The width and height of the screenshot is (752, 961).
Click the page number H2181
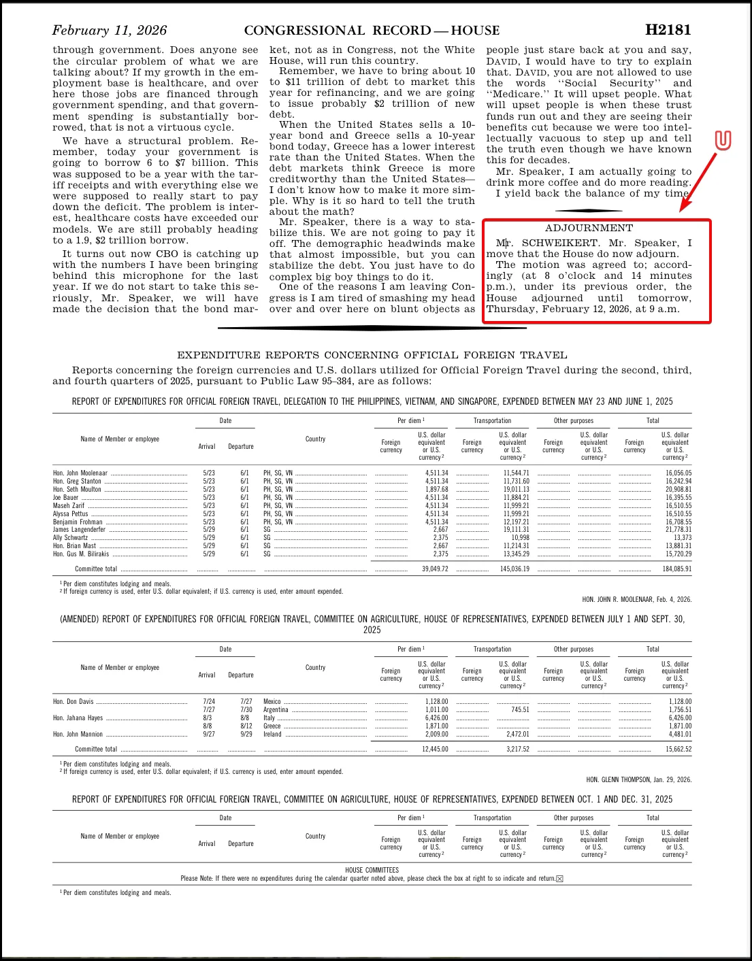[668, 30]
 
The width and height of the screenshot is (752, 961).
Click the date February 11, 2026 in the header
[110, 31]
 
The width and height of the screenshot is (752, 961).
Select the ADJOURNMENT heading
[589, 229]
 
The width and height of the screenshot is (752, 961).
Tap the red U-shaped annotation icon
[723, 141]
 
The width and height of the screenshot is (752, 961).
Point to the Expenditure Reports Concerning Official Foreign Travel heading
[372, 355]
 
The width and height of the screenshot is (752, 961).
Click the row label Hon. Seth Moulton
[77, 489]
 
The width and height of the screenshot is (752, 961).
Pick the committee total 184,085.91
[676, 569]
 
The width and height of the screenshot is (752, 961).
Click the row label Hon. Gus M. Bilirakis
[81, 554]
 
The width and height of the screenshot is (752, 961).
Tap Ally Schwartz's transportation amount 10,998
[520, 537]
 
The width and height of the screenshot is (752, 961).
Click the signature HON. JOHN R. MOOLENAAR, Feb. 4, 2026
[636, 600]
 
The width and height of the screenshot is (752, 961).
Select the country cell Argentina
[276, 709]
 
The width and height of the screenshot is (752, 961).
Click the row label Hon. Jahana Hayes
[78, 718]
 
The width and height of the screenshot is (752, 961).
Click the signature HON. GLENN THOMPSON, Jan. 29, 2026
[638, 780]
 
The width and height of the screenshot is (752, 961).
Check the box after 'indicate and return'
[560, 879]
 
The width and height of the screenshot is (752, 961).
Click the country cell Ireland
[272, 734]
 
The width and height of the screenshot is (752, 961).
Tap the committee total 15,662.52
[678, 749]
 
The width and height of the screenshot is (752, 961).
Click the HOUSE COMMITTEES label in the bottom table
[372, 870]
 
